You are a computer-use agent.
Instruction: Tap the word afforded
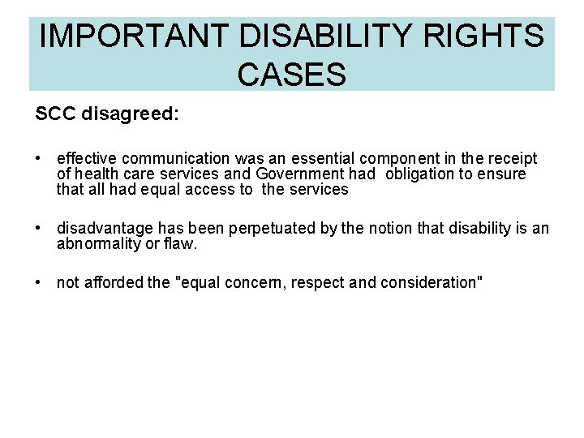tap(114, 282)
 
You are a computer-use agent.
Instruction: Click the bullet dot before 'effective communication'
tap(39, 158)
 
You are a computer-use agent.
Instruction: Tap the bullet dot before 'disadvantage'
tap(39, 228)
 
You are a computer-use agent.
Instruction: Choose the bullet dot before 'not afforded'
tap(39, 282)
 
